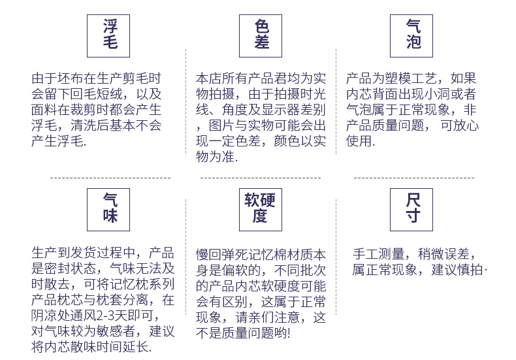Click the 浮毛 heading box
pos(109,35)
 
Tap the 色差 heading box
pos(261,35)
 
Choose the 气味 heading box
pos(109,208)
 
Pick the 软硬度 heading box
pos(261,208)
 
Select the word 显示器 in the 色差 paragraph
pos(286,108)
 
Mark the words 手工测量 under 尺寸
pos(378,254)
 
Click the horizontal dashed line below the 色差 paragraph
pos(260,177)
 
